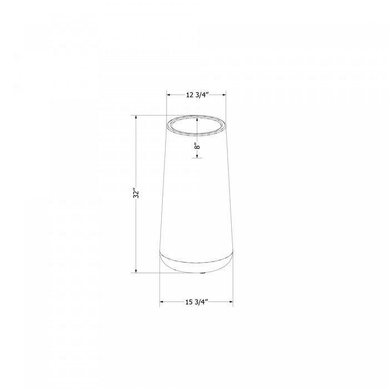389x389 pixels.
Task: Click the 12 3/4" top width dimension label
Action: pos(196,94)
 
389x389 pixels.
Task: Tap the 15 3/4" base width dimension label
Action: pos(196,302)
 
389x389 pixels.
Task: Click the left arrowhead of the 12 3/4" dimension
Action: pos(169,94)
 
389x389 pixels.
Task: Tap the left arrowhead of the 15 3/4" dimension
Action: pos(162,302)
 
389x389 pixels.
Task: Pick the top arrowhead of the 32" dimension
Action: pos(135,117)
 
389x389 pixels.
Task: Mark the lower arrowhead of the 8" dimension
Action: pos(197,156)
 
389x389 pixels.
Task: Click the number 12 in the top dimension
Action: pos(189,94)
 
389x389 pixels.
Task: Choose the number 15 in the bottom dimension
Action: pos(189,302)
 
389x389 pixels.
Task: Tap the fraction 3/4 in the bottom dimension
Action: pos(202,302)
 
